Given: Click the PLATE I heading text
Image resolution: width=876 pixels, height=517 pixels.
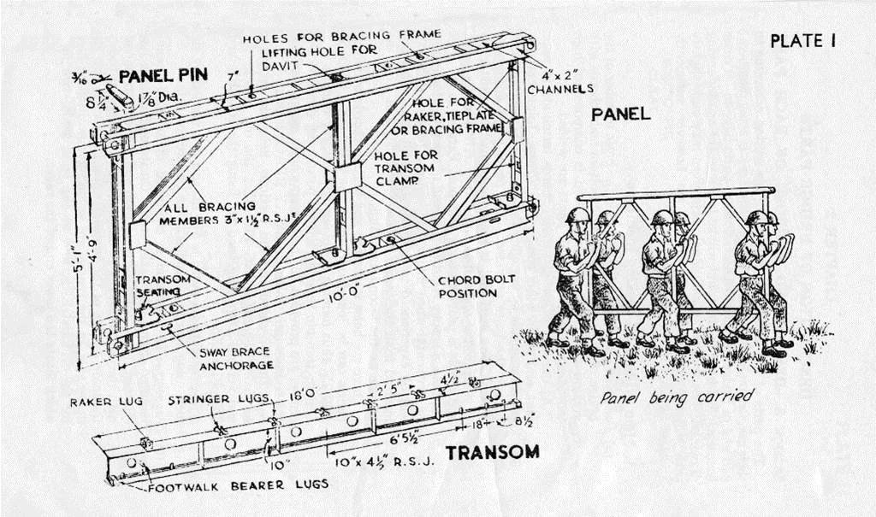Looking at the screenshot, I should tap(802, 40).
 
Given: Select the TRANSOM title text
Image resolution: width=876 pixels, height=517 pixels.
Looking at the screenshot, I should tap(492, 452).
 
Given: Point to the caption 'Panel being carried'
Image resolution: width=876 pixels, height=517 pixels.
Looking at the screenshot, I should tap(676, 397).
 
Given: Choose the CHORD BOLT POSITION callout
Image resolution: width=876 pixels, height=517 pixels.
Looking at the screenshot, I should tap(468, 286).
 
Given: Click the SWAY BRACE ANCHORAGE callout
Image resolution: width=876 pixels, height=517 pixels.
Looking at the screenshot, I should tap(236, 358).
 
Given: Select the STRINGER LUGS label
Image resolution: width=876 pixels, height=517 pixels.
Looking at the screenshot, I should tap(218, 399).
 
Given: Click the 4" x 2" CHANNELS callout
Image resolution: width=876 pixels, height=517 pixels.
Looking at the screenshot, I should tap(560, 80).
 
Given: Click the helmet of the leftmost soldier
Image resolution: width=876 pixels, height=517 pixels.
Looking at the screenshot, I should tap(577, 214).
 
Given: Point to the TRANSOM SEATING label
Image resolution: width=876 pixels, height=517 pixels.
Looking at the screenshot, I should tap(157, 285).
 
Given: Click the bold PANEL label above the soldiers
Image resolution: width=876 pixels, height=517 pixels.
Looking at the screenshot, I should tap(620, 114).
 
